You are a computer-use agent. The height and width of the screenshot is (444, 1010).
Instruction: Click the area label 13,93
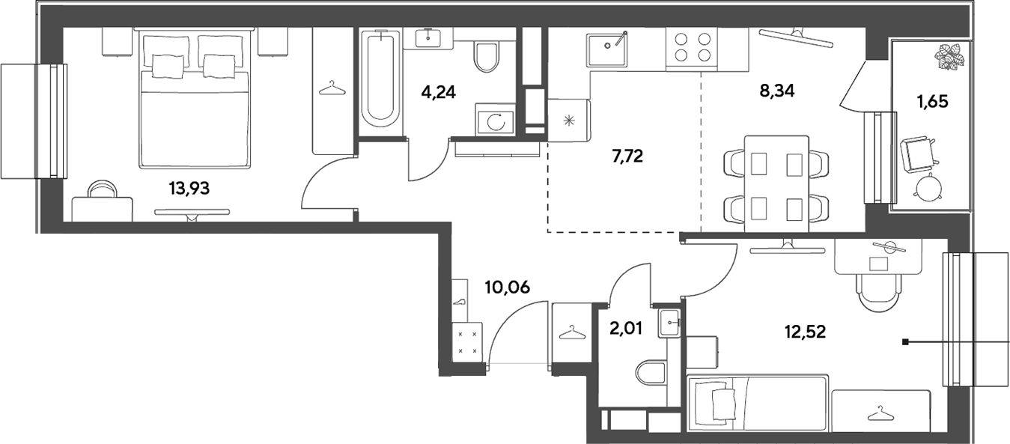[189, 188]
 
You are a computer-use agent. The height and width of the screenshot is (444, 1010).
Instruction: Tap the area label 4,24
[438, 92]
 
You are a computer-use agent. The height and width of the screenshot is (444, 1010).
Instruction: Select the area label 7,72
[627, 156]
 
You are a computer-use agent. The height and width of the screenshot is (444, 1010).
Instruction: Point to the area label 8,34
[777, 91]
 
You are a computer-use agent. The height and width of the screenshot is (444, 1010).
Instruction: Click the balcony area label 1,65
[932, 102]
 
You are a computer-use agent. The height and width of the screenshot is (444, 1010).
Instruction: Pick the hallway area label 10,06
[508, 287]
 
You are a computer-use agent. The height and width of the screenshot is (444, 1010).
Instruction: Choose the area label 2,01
[625, 329]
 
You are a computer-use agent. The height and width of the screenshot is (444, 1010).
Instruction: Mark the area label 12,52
[806, 332]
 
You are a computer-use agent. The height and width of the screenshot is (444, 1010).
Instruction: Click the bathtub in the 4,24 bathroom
[382, 81]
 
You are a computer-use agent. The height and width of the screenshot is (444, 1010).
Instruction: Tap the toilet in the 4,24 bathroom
[486, 57]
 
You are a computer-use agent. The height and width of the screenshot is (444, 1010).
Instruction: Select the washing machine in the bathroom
[495, 120]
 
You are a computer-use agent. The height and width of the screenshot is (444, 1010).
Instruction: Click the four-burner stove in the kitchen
[692, 49]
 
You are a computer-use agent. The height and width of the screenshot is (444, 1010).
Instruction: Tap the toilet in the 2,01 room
[651, 373]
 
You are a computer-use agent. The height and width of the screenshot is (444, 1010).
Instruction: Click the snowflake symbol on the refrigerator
[570, 121]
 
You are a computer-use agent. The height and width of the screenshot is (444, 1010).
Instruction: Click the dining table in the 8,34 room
[776, 184]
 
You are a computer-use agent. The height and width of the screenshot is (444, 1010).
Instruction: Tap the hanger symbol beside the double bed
[332, 88]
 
